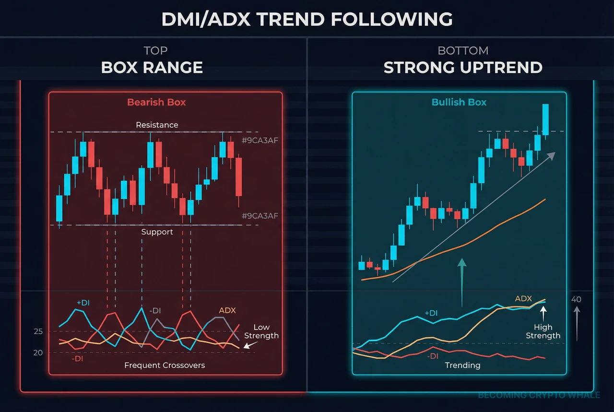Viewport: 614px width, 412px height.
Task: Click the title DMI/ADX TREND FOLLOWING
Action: point(307,19)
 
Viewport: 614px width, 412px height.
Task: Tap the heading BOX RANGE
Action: point(152,67)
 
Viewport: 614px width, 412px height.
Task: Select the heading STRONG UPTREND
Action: point(463,67)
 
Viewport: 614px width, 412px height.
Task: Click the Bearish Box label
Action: point(156,102)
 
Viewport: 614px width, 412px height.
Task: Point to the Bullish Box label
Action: point(459,102)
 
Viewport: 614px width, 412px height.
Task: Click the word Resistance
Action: point(157,125)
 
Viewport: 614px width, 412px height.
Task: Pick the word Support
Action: point(157,232)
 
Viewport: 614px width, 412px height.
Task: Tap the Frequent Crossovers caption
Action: point(165,365)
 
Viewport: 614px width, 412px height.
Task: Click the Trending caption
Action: point(462,365)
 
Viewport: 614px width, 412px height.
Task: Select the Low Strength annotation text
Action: point(261,331)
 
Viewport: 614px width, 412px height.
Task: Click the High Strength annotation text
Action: point(543,331)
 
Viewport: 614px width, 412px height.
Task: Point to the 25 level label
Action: point(38,331)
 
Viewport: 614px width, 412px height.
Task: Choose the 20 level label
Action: point(38,353)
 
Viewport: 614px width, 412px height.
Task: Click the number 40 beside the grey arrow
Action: point(576,299)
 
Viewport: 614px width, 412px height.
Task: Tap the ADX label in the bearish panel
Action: point(227,310)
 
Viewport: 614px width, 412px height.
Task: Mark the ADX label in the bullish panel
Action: point(523,299)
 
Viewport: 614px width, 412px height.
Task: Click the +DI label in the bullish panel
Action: point(431,313)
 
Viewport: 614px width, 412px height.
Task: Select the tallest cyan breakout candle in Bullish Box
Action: point(545,119)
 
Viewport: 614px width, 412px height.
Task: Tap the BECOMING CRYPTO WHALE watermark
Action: point(539,395)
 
